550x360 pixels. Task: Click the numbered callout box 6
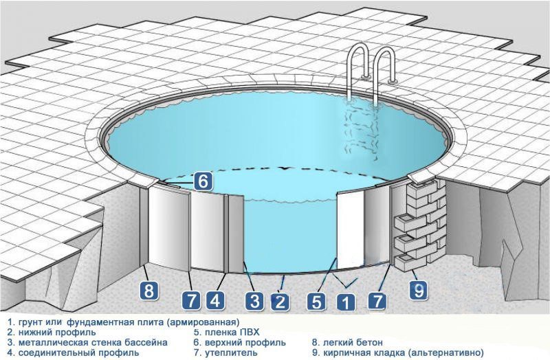click(203, 181)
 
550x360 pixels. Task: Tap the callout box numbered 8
click(149, 291)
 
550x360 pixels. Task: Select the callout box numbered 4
click(215, 301)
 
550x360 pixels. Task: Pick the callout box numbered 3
click(254, 301)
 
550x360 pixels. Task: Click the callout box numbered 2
click(280, 302)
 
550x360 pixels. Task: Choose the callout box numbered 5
click(316, 302)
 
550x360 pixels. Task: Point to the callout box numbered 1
click(346, 302)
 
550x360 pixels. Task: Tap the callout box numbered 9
click(419, 291)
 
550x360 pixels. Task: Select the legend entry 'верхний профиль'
click(245, 342)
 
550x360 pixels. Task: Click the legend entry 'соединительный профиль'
click(78, 352)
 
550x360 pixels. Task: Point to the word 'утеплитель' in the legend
click(231, 352)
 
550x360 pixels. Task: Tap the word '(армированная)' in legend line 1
click(203, 322)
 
